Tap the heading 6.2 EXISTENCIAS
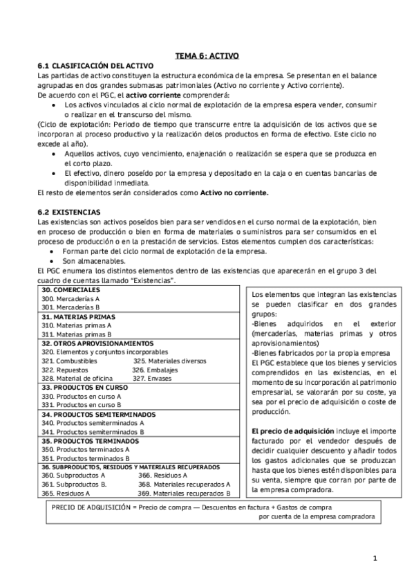pyautogui.click(x=69, y=210)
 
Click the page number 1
pyautogui.click(x=374, y=558)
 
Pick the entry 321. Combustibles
pyautogui.click(x=65, y=361)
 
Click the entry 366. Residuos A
pyautogui.click(x=163, y=476)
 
